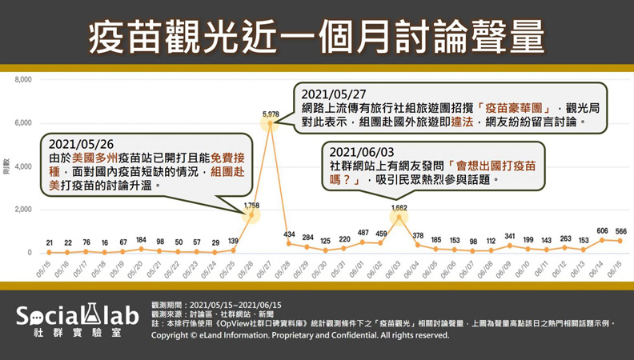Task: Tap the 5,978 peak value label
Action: (x=271, y=115)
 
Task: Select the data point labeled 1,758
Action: (x=251, y=214)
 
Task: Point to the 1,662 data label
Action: (x=399, y=207)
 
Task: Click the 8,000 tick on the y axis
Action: (x=22, y=80)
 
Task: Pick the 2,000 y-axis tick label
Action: (x=22, y=210)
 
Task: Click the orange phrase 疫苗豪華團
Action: (x=508, y=107)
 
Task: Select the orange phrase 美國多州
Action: (x=94, y=158)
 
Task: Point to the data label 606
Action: (x=602, y=230)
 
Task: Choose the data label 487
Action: (x=363, y=233)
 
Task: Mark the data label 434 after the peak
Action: (x=289, y=234)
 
